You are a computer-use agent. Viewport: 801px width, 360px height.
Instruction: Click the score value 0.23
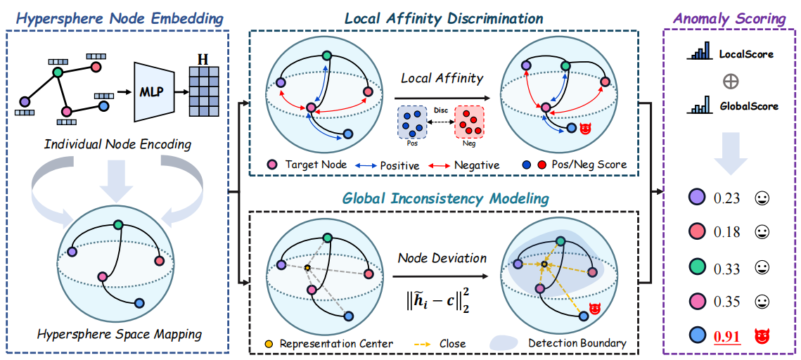(x=726, y=198)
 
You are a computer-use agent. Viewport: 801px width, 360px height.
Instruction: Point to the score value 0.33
(x=726, y=268)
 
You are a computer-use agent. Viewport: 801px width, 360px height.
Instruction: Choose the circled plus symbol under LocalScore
(x=731, y=81)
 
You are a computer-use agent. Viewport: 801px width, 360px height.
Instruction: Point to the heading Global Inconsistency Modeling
(x=445, y=198)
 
